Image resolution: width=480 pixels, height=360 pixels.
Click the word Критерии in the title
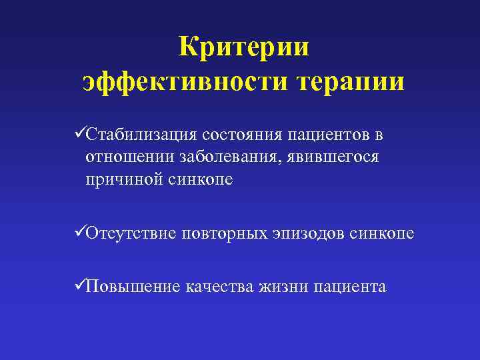coord(244,47)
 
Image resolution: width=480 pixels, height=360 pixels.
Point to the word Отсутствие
coord(131,234)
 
